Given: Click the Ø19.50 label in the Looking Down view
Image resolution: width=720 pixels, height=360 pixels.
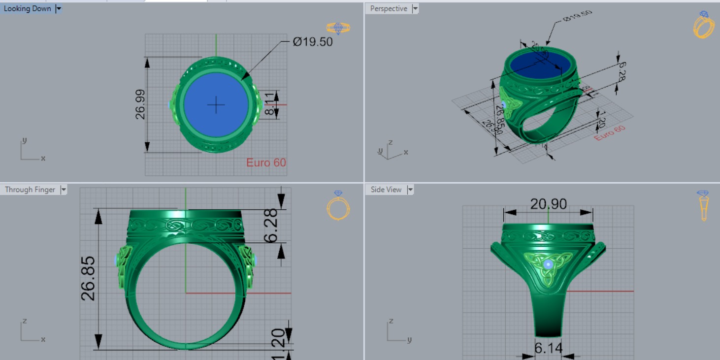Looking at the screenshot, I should point(313,42).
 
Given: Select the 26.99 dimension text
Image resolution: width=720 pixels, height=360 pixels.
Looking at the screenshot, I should point(140,104).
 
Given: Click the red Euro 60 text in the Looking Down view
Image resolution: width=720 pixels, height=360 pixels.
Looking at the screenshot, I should point(266,163).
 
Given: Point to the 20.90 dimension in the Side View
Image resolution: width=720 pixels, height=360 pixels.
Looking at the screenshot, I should point(548,203).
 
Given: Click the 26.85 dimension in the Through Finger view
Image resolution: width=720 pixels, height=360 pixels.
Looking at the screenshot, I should point(89,278).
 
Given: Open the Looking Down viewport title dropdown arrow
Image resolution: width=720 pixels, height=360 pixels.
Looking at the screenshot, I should point(59,8).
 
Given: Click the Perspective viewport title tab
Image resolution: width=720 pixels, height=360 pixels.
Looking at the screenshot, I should point(389,8).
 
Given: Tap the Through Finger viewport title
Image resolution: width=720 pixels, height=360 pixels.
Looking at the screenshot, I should point(30,190).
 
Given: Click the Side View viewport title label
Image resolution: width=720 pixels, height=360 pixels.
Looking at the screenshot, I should point(386,190).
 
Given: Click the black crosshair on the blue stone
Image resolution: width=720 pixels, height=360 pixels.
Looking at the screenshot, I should point(216,104).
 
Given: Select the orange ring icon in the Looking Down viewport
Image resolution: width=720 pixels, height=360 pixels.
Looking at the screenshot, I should point(338,28).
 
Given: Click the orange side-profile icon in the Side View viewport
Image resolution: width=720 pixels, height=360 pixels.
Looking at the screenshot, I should point(703,206).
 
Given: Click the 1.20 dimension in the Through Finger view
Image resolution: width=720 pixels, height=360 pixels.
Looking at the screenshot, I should point(278,339).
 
